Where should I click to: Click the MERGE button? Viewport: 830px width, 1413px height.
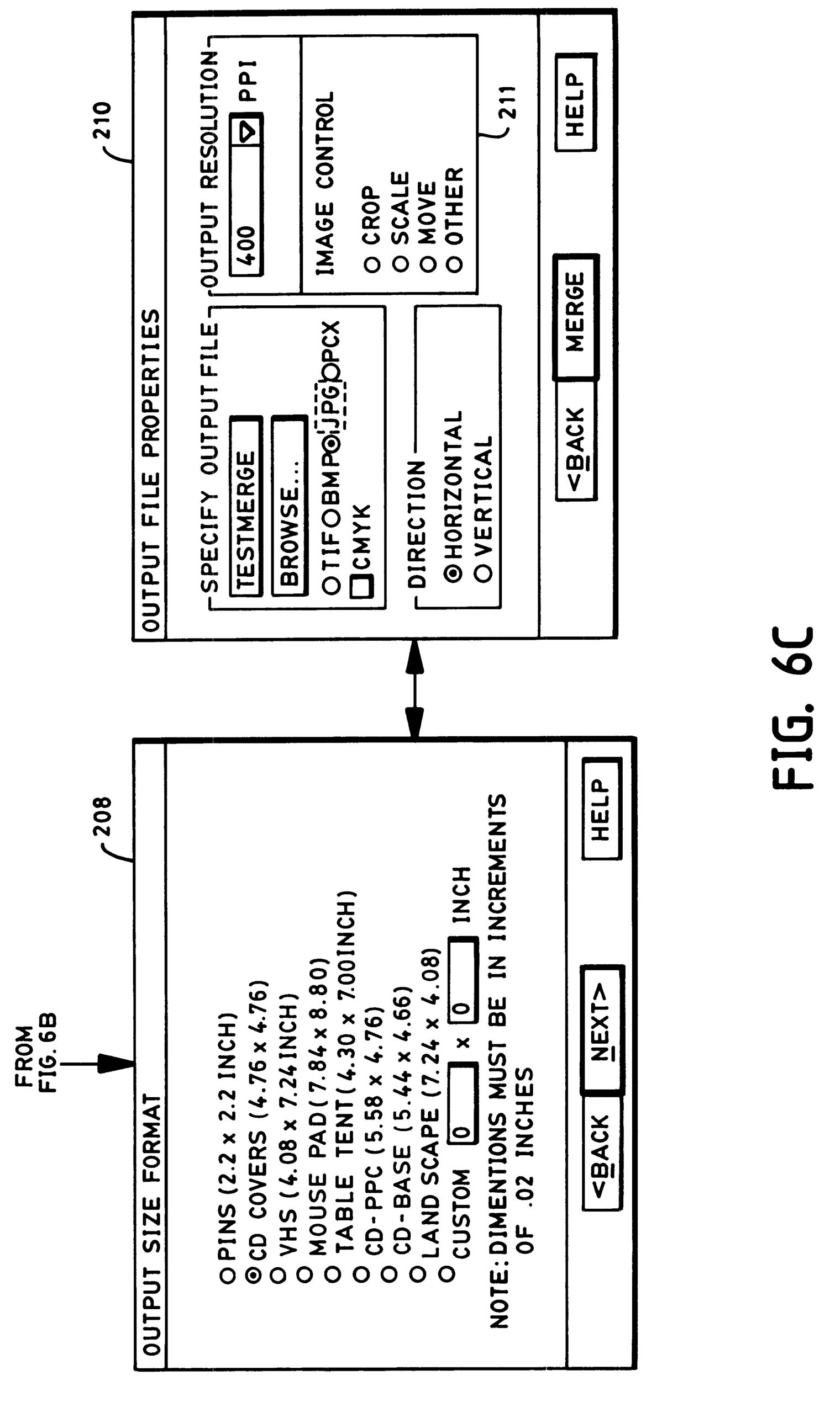tap(575, 317)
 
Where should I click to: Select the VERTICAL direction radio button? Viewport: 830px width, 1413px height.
tap(483, 573)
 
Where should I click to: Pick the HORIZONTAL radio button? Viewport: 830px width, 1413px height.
tap(455, 573)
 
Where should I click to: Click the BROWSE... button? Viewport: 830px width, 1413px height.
tap(290, 504)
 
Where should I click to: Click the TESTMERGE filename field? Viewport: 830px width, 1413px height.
tap(246, 504)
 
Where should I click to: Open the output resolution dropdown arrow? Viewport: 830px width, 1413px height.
tap(247, 131)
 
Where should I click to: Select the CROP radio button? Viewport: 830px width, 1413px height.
tap(372, 263)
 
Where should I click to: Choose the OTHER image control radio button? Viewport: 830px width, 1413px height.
tap(455, 263)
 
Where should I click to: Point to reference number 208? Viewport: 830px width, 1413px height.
tap(102, 816)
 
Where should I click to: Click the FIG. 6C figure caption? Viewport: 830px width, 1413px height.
tap(791, 708)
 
